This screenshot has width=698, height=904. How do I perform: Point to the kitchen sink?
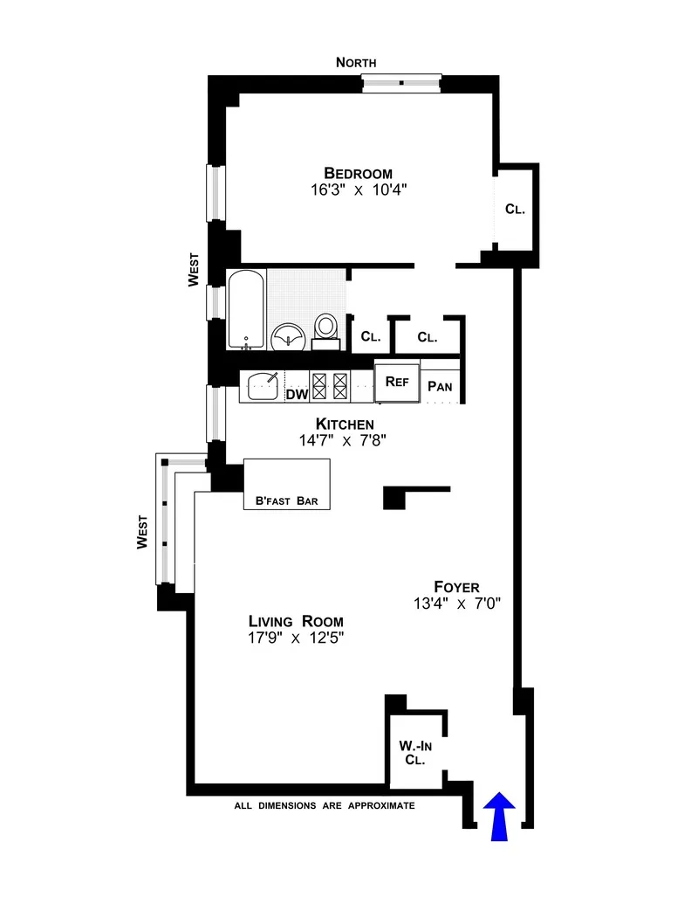pyautogui.click(x=262, y=385)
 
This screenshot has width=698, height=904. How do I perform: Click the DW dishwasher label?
pyautogui.click(x=297, y=394)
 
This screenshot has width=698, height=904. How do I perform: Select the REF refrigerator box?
pyautogui.click(x=397, y=382)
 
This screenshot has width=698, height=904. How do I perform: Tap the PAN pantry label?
pyautogui.click(x=440, y=386)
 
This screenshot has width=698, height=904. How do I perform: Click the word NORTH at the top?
pyautogui.click(x=356, y=62)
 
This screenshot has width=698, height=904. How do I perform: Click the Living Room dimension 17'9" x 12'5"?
pyautogui.click(x=296, y=638)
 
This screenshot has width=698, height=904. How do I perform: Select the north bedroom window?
pyautogui.click(x=401, y=83)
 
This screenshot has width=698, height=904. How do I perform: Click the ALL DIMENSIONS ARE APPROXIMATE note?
pyautogui.click(x=324, y=806)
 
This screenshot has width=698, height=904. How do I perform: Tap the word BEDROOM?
pyautogui.click(x=358, y=172)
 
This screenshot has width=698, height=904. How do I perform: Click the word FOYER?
pyautogui.click(x=456, y=586)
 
